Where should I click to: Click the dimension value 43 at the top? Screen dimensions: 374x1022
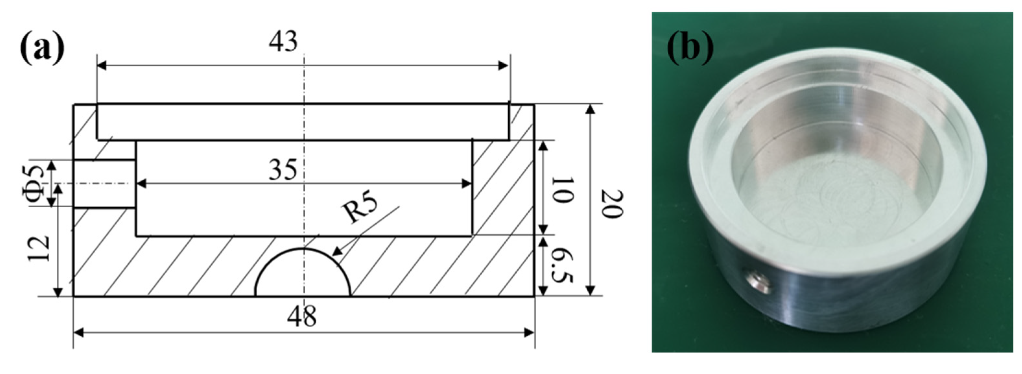click(283, 42)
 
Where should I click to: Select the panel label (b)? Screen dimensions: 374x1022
click(690, 47)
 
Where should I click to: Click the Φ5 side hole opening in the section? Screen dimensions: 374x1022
click(104, 183)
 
